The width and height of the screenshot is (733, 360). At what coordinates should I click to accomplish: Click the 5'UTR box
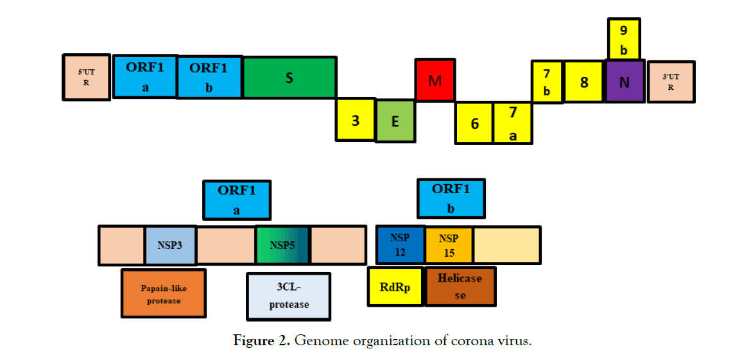(87, 77)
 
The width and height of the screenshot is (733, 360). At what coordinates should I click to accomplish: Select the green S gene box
(289, 78)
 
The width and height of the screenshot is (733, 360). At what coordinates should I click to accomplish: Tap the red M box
(435, 80)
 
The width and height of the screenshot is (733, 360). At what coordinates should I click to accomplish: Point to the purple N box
(625, 81)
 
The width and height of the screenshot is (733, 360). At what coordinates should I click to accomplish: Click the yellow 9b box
(623, 39)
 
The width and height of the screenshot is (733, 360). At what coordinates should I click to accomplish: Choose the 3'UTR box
(671, 81)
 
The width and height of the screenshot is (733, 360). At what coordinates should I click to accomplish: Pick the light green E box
(395, 120)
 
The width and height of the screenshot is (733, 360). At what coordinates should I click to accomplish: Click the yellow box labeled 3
(355, 119)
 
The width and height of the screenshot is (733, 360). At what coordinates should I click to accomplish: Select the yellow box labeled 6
(474, 123)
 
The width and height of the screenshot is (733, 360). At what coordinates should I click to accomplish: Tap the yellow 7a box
(513, 123)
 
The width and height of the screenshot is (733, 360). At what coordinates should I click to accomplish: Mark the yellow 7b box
(547, 81)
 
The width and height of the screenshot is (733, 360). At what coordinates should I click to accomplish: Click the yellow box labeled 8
(584, 81)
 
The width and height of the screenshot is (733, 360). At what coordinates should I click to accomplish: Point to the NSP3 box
(170, 245)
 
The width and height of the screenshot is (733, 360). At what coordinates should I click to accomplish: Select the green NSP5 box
(282, 244)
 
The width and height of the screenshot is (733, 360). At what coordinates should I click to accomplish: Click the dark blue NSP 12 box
(401, 244)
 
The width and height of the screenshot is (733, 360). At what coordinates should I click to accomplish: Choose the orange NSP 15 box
(449, 244)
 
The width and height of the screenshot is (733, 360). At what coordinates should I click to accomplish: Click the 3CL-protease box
(289, 296)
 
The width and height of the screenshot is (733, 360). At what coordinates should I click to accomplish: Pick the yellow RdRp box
(395, 287)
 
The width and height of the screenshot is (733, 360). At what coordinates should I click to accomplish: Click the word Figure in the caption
(254, 341)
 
